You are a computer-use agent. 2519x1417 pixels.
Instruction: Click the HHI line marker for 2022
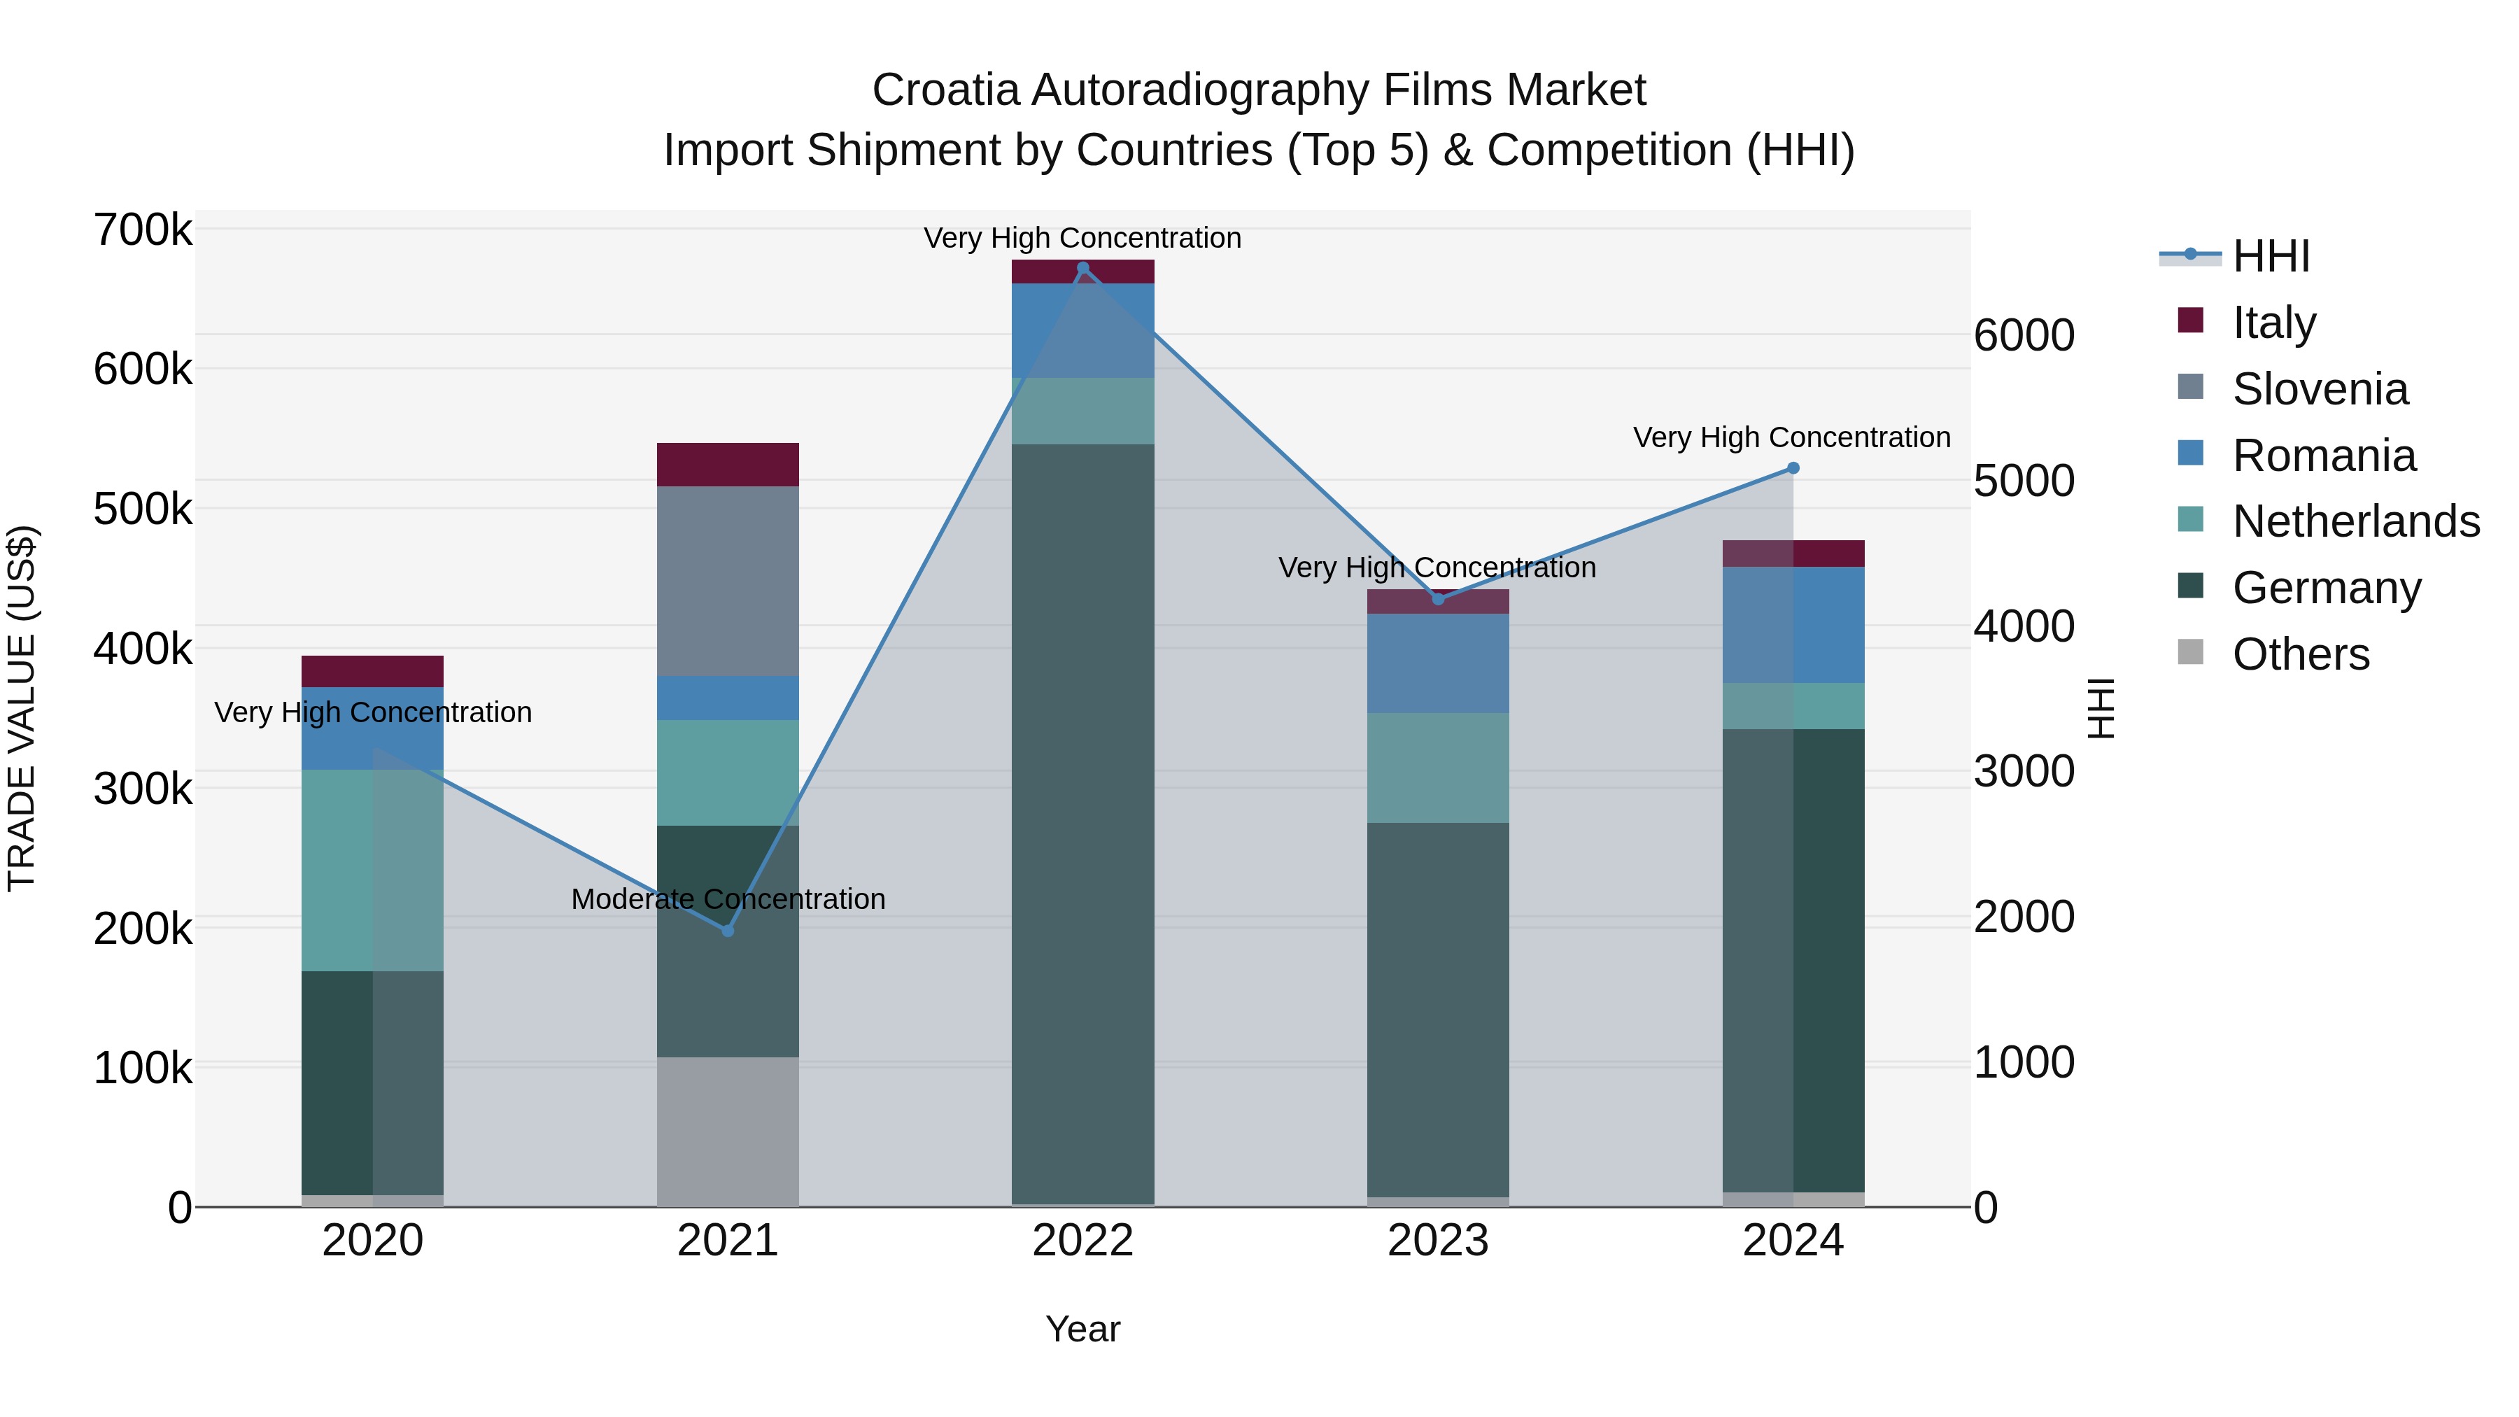click(x=1082, y=268)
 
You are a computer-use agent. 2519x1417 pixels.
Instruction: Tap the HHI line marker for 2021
click(x=728, y=930)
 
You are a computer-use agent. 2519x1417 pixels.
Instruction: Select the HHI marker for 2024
click(x=1793, y=467)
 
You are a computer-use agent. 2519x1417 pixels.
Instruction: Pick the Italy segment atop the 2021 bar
click(x=728, y=465)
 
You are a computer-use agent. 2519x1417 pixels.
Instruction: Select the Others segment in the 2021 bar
click(x=728, y=1132)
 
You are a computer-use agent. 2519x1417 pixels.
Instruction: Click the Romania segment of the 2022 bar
click(x=1082, y=330)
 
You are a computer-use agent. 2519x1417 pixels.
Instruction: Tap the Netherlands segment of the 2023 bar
click(x=1437, y=768)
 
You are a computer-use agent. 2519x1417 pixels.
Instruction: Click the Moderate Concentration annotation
click(x=728, y=898)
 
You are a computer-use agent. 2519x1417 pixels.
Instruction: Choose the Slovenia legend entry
click(x=2320, y=389)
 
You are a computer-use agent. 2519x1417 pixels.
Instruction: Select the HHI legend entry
click(x=2271, y=256)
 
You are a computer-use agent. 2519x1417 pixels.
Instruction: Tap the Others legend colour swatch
click(x=2190, y=652)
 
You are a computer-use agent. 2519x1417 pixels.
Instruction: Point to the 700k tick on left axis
click(x=143, y=231)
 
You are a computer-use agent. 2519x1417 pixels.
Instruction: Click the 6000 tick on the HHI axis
click(x=2023, y=335)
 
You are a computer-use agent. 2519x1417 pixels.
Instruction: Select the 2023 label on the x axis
click(x=1437, y=1241)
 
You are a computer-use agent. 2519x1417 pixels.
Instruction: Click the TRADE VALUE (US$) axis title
click(x=22, y=708)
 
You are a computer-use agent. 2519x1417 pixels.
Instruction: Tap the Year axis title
click(x=1082, y=1329)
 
